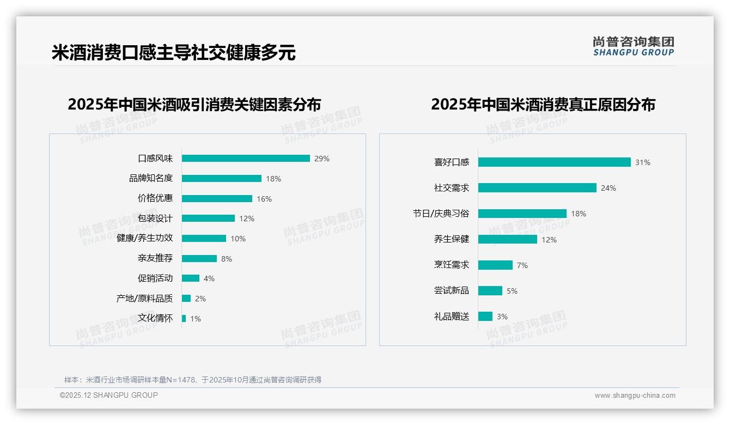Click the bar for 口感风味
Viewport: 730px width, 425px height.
(246, 159)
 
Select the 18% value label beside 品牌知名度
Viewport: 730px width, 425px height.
(273, 179)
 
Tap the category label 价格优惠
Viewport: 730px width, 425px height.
(155, 198)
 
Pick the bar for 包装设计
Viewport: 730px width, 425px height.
(208, 218)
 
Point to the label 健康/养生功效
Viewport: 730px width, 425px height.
(145, 238)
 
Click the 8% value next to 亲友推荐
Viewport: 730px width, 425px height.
(227, 259)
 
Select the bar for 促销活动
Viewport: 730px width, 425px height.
(191, 278)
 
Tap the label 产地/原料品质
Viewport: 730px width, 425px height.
(145, 298)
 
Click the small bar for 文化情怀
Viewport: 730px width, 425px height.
(184, 318)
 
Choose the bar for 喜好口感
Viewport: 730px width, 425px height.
(554, 162)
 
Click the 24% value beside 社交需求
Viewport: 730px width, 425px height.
(609, 188)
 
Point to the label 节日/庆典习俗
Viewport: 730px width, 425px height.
(441, 214)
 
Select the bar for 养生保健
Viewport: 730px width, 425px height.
(508, 239)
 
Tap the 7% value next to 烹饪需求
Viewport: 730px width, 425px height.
(522, 265)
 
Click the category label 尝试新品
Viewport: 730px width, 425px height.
(452, 290)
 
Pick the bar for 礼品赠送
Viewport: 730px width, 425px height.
(485, 317)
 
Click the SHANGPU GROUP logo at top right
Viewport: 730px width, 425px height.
(634, 46)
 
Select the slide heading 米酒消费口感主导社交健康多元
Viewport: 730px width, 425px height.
(174, 53)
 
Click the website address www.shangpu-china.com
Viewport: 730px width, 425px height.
(635, 396)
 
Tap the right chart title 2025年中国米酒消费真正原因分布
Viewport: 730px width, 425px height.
(543, 104)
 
